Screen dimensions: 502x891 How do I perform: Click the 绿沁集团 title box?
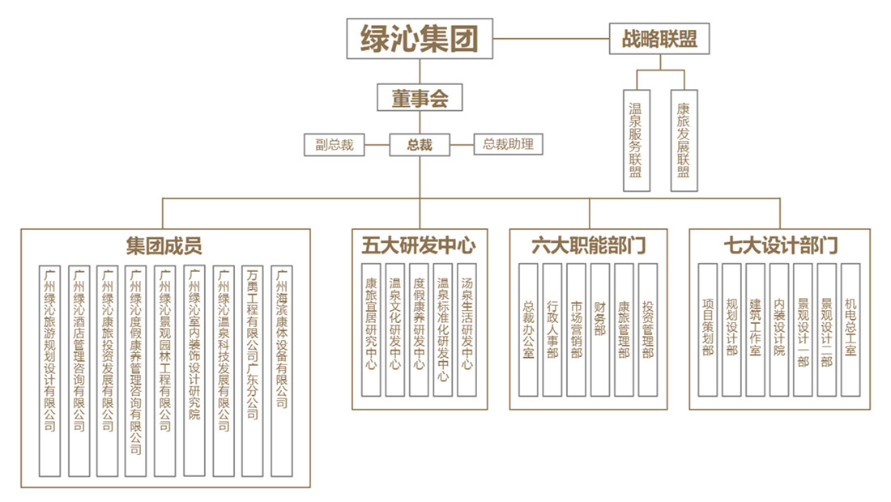click(420, 38)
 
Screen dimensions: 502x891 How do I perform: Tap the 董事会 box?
click(420, 99)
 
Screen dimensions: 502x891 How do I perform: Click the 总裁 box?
click(420, 145)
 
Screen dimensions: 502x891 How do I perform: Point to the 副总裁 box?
click(335, 145)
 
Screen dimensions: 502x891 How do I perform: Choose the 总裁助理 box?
click(508, 145)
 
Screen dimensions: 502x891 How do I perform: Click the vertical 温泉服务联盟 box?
click(636, 140)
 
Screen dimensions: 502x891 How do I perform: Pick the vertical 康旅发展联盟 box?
click(684, 140)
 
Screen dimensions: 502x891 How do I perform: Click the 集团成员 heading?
click(164, 245)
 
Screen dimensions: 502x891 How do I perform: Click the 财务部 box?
click(600, 330)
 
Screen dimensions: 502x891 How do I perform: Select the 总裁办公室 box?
click(529, 330)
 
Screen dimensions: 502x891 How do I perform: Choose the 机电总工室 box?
click(850, 330)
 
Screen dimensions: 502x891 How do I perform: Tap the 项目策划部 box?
click(708, 330)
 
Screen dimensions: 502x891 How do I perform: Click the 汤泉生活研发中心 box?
click(467, 330)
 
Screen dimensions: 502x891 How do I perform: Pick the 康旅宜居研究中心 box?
click(371, 330)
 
